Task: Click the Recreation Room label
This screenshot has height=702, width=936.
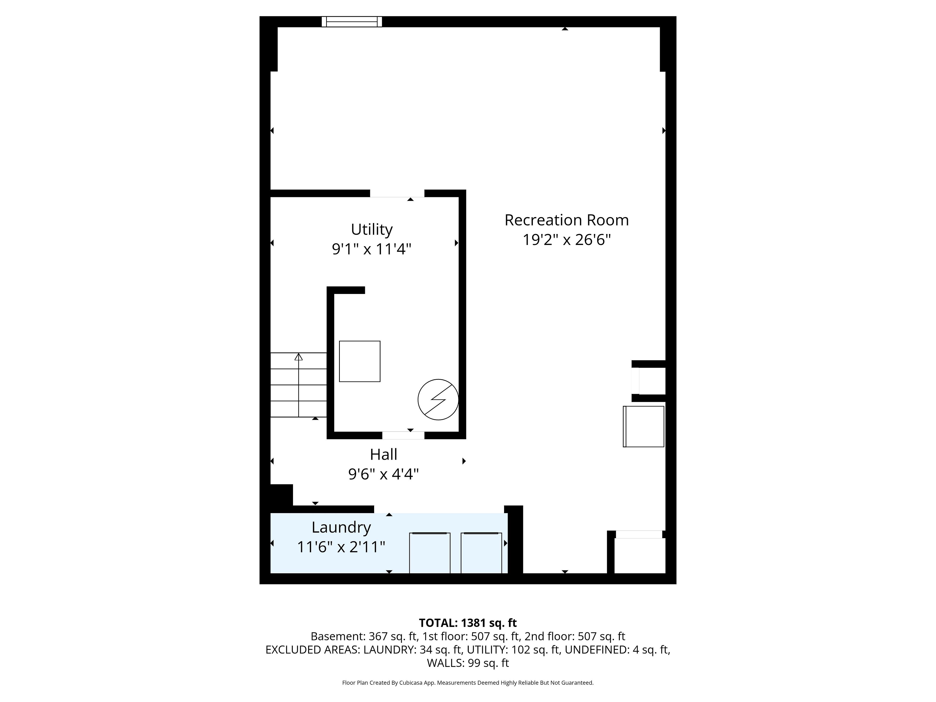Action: pyautogui.click(x=566, y=220)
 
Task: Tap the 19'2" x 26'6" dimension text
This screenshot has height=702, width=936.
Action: pyautogui.click(x=566, y=240)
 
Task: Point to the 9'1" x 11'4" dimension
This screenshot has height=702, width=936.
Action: pyautogui.click(x=371, y=249)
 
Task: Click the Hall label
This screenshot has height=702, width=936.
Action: pyautogui.click(x=383, y=454)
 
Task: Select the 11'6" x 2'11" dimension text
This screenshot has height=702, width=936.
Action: pyautogui.click(x=341, y=547)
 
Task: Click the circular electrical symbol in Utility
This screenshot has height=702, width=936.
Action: pyautogui.click(x=438, y=400)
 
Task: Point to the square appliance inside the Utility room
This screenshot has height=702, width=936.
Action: pyautogui.click(x=360, y=361)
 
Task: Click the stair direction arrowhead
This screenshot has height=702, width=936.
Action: pyautogui.click(x=299, y=357)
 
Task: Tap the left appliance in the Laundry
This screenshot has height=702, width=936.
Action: pyautogui.click(x=429, y=553)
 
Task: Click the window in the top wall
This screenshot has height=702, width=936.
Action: pyautogui.click(x=352, y=22)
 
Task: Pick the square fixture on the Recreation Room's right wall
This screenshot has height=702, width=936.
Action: pyautogui.click(x=643, y=427)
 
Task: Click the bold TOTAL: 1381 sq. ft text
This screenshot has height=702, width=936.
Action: pyautogui.click(x=468, y=623)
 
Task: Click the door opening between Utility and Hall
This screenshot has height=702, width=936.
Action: pyautogui.click(x=403, y=435)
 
